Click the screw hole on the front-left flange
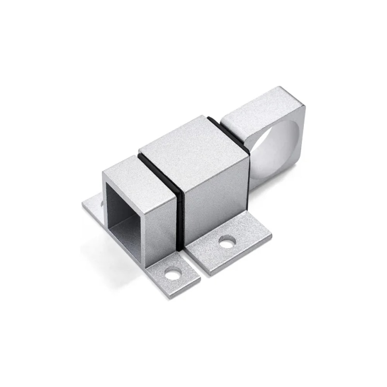173,274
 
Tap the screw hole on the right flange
227,242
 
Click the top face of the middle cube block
192,145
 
